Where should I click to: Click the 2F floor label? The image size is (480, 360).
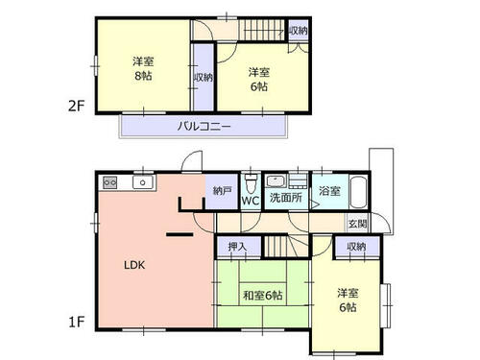coord(76,106)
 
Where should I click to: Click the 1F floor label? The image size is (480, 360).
coord(77,322)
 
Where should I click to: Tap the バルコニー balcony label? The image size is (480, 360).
coord(204,126)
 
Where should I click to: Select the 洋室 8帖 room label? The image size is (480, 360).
coord(143,68)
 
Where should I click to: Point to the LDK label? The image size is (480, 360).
coord(134,265)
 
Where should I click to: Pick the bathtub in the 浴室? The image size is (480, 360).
coord(358,192)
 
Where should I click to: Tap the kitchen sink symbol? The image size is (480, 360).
coord(143,182)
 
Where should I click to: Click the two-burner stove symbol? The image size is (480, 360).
coord(109,182)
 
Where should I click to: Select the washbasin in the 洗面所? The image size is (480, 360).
coord(276,181)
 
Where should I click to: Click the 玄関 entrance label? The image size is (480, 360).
coord(358,224)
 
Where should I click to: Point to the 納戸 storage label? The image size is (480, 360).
coord(223,191)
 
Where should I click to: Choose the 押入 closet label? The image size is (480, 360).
coord(237,247)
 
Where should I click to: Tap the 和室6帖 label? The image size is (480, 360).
coord(263,295)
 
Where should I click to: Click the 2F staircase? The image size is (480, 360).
coord(262,31)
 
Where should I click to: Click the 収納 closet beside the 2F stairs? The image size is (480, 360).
coord(299,31)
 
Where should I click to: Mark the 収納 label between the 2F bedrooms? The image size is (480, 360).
coord(203,77)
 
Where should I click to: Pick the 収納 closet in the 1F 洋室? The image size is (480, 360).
coord(356,247)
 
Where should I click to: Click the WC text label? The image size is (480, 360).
coord(251,201)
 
